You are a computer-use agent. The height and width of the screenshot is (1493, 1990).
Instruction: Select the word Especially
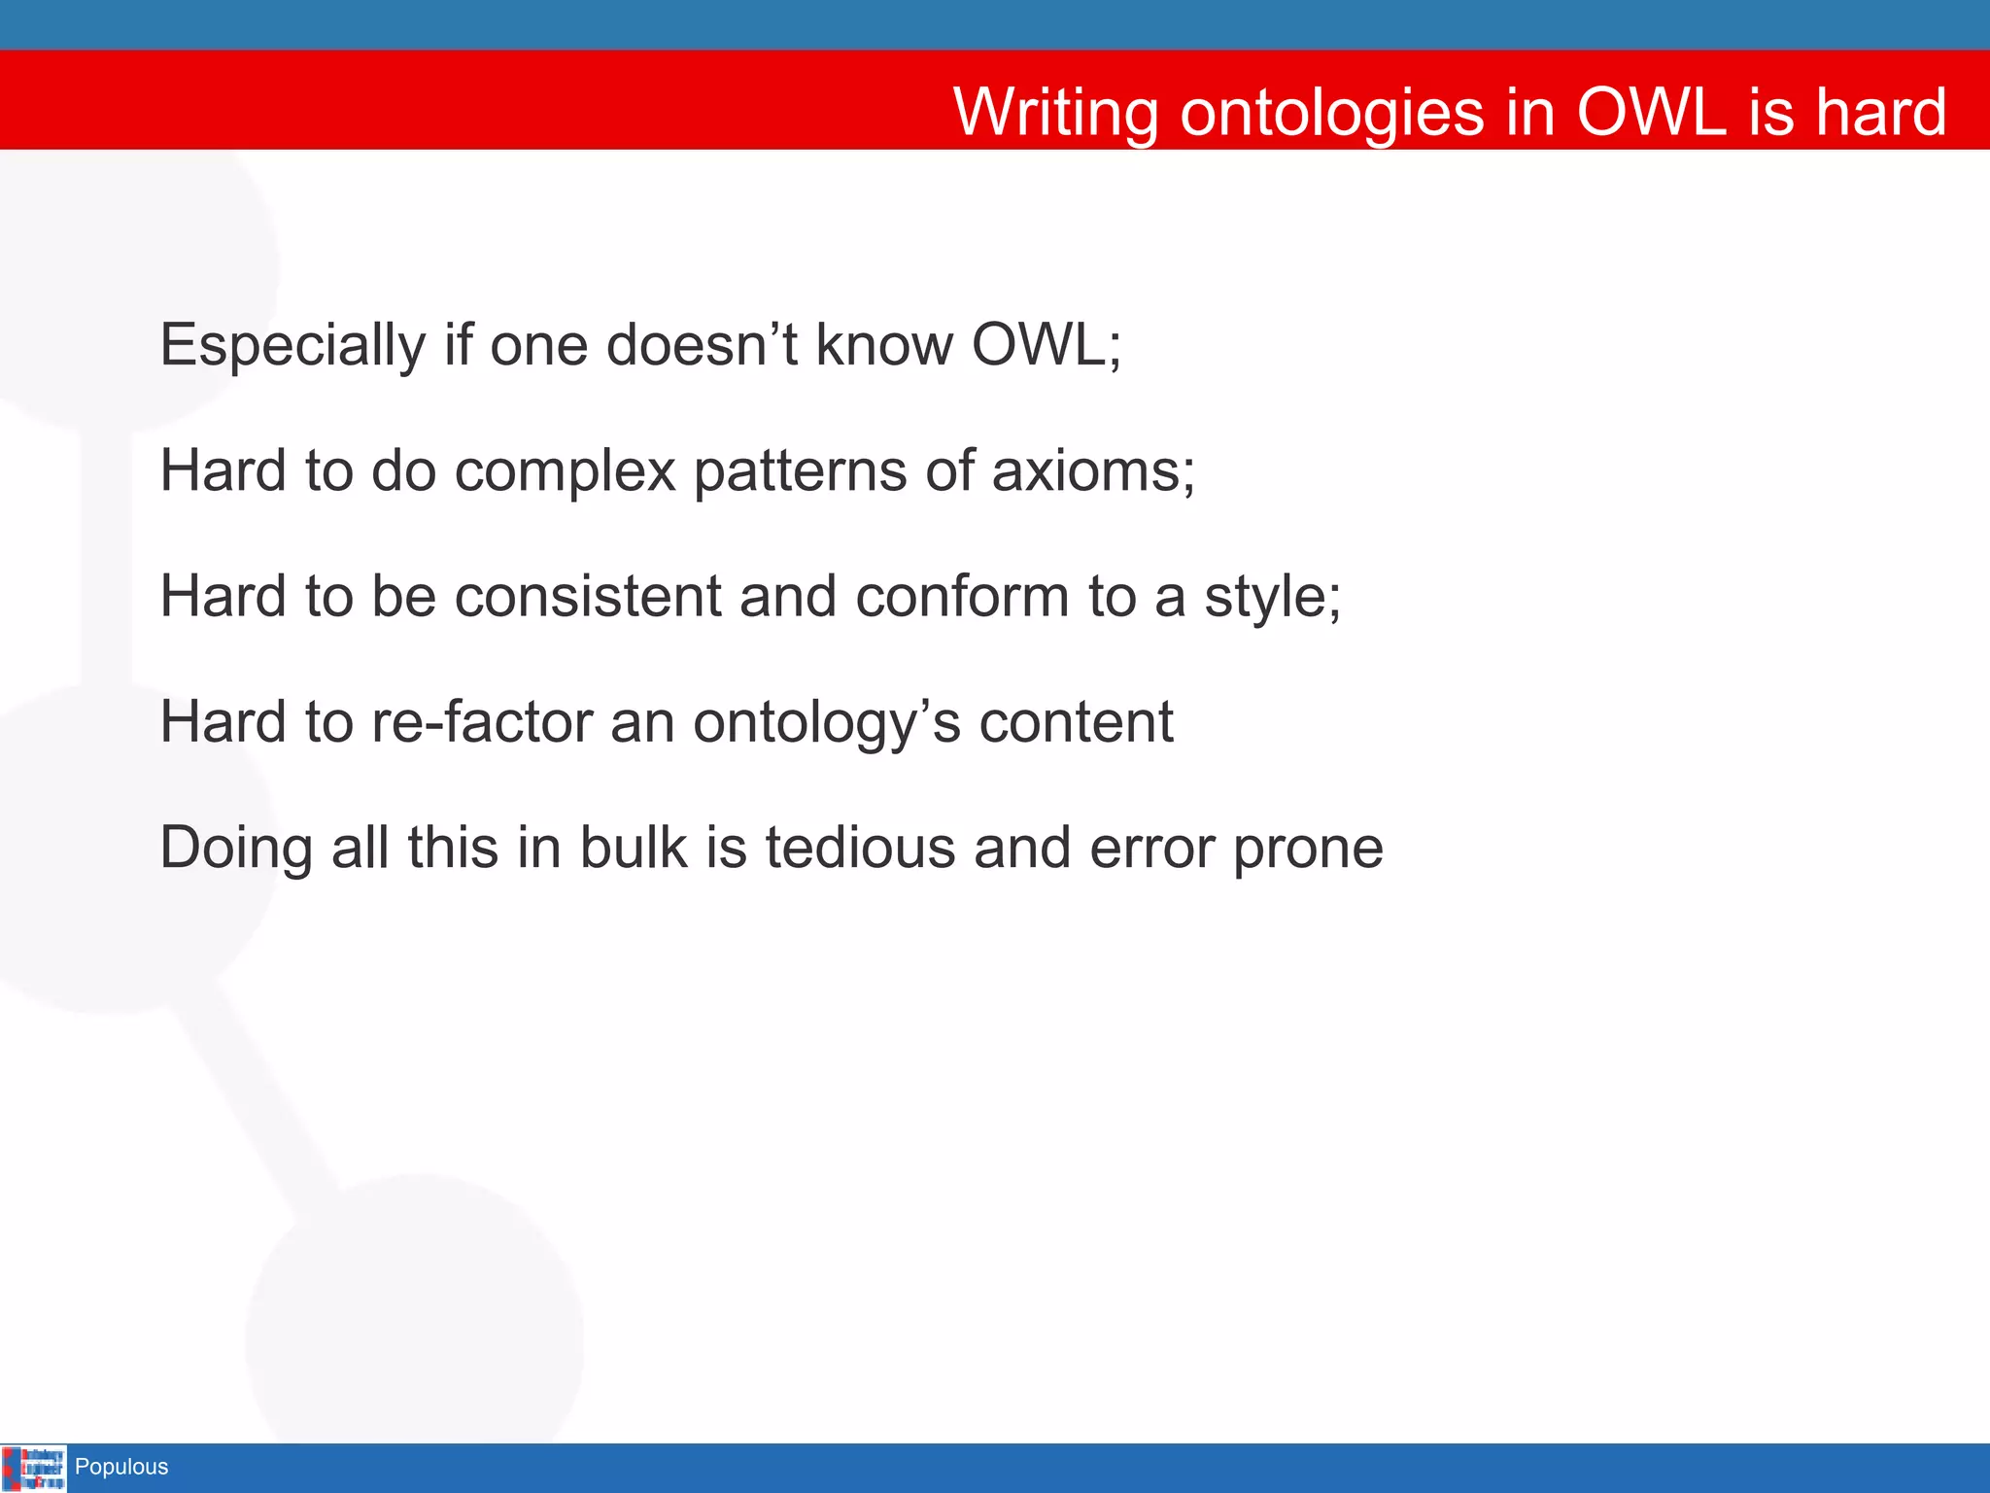pos(292,346)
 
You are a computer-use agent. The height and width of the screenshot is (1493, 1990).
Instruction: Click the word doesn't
pos(702,346)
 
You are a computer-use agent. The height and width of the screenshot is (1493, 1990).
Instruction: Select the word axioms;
pos(1093,472)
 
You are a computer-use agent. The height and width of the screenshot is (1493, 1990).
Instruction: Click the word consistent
pos(588,597)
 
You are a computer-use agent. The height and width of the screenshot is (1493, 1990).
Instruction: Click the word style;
pos(1273,597)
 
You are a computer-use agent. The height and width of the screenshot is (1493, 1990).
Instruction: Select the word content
pos(1076,723)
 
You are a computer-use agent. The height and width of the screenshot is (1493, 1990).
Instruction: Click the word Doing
pos(236,849)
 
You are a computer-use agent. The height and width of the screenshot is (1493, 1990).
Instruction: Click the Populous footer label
pos(121,1467)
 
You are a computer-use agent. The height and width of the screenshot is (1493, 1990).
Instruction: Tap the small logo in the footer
pos(34,1468)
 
